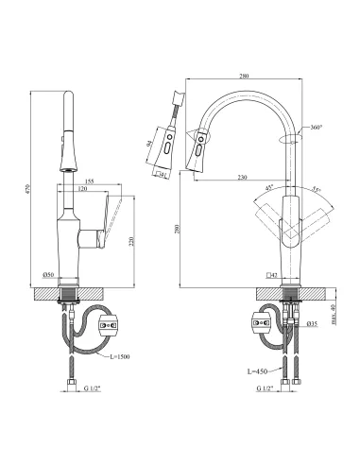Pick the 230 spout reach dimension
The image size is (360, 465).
point(244,177)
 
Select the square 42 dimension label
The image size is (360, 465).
point(270,275)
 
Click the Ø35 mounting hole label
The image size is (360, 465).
point(311,325)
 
